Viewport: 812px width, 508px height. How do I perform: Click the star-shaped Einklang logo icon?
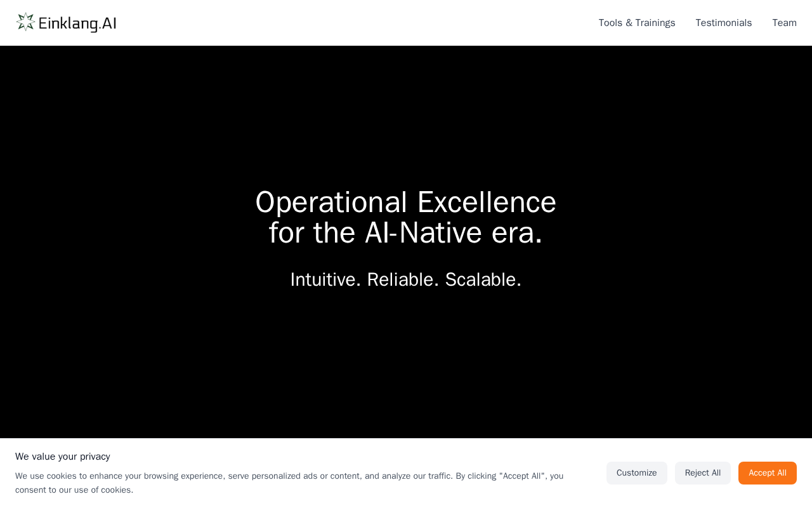26,22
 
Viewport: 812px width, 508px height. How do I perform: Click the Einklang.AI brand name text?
77,23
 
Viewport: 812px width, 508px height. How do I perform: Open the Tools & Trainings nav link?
637,23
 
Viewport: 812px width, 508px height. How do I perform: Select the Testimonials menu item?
724,23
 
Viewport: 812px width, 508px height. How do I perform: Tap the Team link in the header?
785,23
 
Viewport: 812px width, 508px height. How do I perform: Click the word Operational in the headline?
331,203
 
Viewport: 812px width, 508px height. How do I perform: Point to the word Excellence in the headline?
487,202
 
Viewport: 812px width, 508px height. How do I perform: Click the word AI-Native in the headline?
423,232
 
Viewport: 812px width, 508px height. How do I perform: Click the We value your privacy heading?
63,457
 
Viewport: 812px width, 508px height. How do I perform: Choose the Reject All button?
702,473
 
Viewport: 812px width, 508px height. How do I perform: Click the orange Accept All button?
768,473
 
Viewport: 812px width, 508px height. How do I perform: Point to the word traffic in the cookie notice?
440,476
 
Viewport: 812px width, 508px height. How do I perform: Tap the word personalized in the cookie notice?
276,476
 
